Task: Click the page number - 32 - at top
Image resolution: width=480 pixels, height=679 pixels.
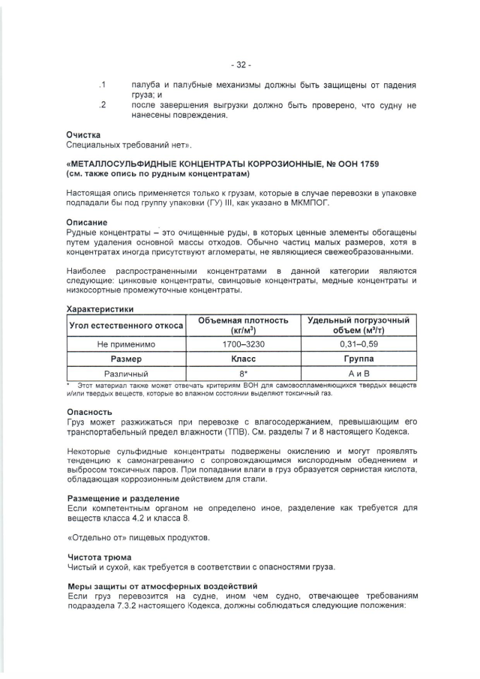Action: (x=240, y=63)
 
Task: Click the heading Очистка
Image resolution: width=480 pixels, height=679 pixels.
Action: (x=84, y=134)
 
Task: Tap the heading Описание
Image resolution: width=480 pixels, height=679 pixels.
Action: (x=87, y=222)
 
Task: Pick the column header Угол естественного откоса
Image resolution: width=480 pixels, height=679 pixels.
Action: (x=126, y=326)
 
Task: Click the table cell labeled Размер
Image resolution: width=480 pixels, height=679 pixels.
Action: (x=126, y=359)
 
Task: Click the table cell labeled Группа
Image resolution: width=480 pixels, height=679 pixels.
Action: (x=358, y=359)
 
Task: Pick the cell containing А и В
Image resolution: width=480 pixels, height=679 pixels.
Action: (x=358, y=373)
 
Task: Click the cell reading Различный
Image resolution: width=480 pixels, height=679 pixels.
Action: (x=126, y=373)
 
